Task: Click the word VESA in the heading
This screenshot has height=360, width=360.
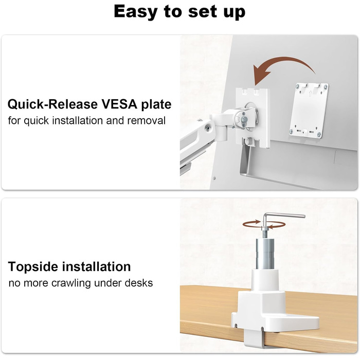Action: (119, 104)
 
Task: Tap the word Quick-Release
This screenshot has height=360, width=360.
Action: (53, 104)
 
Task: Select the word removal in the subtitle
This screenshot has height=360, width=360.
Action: (146, 120)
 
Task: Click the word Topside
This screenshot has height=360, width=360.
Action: (33, 267)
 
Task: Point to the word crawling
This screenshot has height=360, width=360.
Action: (71, 283)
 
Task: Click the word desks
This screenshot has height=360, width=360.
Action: (139, 283)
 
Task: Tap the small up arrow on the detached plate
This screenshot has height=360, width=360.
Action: (310, 94)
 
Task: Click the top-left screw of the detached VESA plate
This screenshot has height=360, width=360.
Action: (298, 86)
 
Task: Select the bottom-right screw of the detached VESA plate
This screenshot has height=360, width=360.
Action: (319, 135)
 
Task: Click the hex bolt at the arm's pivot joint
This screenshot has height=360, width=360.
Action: (244, 119)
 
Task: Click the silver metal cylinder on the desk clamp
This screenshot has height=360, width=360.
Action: (265, 254)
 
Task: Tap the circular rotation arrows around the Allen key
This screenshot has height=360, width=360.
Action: (264, 224)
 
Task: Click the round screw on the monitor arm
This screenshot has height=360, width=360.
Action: (208, 128)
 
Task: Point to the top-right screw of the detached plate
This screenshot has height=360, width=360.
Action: (325, 87)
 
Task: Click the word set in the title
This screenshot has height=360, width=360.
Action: (203, 12)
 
